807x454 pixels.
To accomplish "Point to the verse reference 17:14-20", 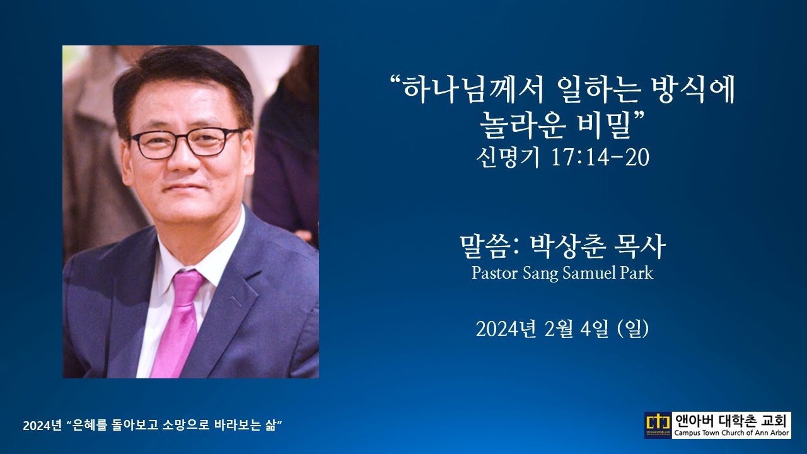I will [x=600, y=158].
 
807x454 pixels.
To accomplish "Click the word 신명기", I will [x=508, y=158].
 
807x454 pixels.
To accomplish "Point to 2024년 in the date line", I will [x=507, y=329].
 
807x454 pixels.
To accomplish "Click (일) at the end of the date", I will [x=634, y=329].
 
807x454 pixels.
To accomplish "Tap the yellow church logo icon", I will [x=658, y=425].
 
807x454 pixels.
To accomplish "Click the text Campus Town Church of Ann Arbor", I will [x=731, y=433].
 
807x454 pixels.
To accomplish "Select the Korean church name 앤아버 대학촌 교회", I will [x=731, y=420].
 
